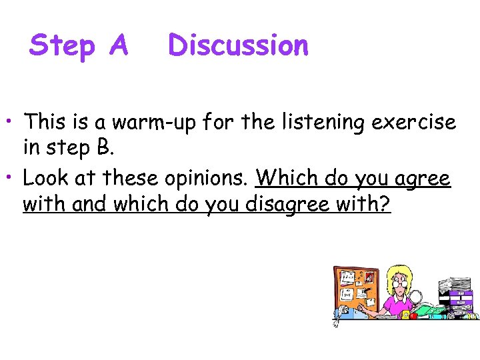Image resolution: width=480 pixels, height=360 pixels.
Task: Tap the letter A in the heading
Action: click(117, 45)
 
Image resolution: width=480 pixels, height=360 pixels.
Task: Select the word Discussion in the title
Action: click(239, 45)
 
